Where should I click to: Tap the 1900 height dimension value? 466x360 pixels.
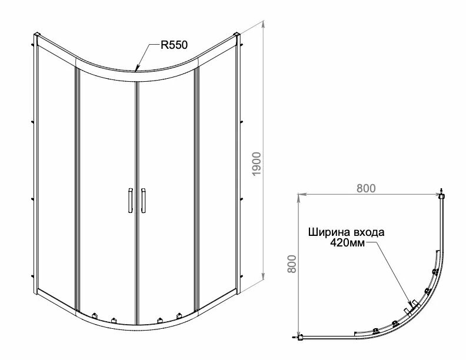pos(255,162)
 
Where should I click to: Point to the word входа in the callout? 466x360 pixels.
pos(370,232)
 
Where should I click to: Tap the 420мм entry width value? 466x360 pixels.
pos(348,242)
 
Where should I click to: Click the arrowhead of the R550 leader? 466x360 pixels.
pos(137,69)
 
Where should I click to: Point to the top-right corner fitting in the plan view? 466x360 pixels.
pos(441,195)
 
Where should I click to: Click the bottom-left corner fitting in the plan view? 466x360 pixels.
pos(300,338)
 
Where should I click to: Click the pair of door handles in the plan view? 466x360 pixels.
pos(411,305)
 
